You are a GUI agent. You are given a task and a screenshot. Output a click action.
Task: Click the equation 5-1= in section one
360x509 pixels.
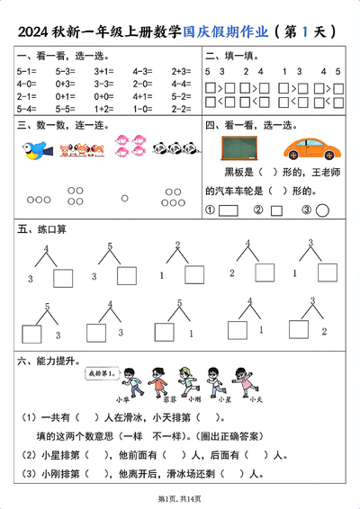tap(26, 69)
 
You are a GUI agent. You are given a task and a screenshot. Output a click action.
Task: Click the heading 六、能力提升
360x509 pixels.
tap(44, 360)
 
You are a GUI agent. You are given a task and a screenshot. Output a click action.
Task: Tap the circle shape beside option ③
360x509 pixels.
tap(321, 210)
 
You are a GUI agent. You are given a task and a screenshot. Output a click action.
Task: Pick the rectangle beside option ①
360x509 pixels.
tap(228, 210)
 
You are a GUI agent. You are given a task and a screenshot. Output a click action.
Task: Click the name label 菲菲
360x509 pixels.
tap(163, 398)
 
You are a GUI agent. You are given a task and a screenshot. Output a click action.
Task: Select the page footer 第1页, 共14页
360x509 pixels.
tap(180, 497)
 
